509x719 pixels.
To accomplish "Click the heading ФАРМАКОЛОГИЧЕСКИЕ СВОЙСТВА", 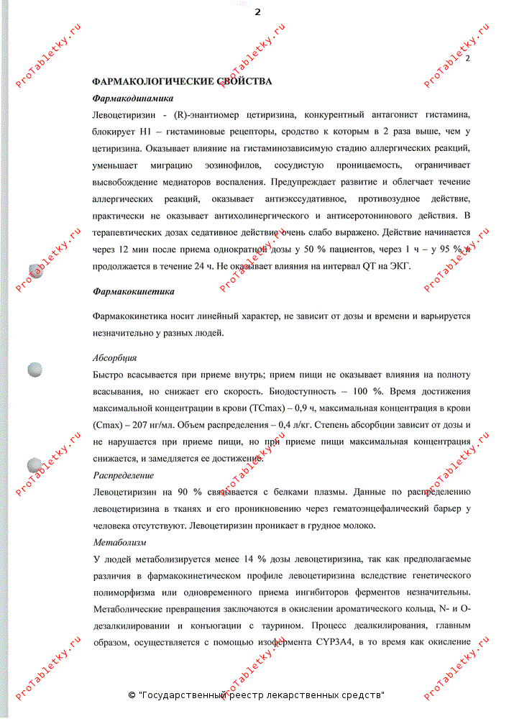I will tap(182, 82).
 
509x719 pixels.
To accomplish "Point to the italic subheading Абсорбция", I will tap(115, 358).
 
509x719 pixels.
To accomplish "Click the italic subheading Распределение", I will tap(124, 475).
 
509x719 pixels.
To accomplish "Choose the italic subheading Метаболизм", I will tap(119, 542).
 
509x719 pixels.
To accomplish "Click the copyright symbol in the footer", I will tap(132, 695).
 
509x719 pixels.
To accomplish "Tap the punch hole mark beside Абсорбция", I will tap(35, 370).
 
